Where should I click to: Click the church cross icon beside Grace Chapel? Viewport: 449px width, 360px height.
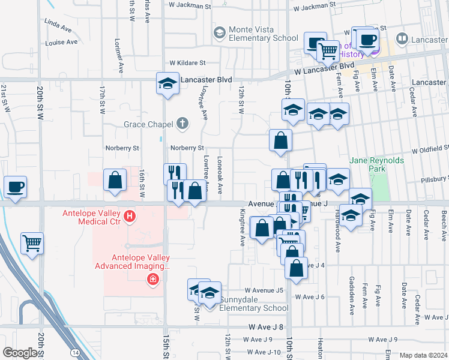tap(182, 124)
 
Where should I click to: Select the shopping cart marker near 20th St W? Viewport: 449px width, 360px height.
tap(32, 243)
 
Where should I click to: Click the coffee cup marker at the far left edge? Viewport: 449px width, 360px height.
tap(15, 186)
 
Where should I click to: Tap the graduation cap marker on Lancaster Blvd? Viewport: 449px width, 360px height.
tap(167, 83)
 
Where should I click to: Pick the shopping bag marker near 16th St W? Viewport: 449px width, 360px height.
tap(115, 180)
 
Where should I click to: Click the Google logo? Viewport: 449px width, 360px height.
tap(20, 352)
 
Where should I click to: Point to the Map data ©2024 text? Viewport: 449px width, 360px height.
tap(424, 355)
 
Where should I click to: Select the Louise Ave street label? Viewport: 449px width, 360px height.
tap(61, 43)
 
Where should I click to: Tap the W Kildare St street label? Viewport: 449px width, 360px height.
tap(187, 62)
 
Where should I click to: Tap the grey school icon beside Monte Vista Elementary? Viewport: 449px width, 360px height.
tap(219, 31)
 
